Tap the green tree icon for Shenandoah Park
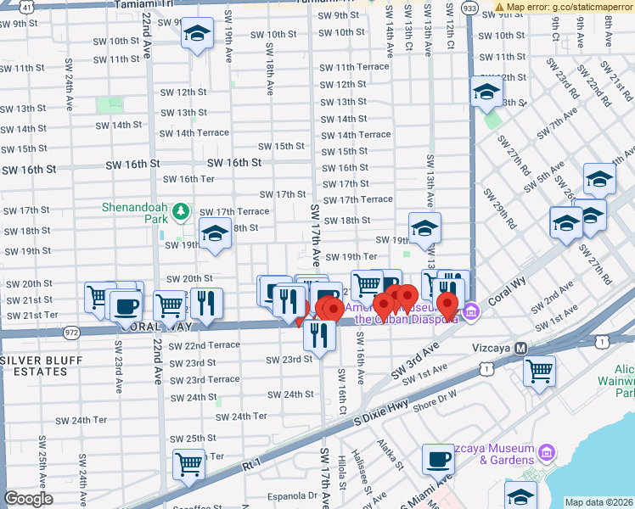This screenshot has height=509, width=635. coord(180,210)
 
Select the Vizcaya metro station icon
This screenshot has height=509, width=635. coord(522,349)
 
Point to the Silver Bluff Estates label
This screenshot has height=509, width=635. coord(41,366)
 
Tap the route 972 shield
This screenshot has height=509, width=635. coord(71,333)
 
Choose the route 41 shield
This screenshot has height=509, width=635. coord(28,6)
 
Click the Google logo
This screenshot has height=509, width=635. coord(28,499)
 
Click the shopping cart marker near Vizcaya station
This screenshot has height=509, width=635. coord(540,371)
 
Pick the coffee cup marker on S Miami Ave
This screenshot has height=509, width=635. coord(438,460)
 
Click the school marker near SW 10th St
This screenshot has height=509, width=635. coord(198,36)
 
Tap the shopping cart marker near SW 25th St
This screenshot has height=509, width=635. coord(188,464)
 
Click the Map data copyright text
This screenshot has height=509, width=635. coord(599,502)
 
